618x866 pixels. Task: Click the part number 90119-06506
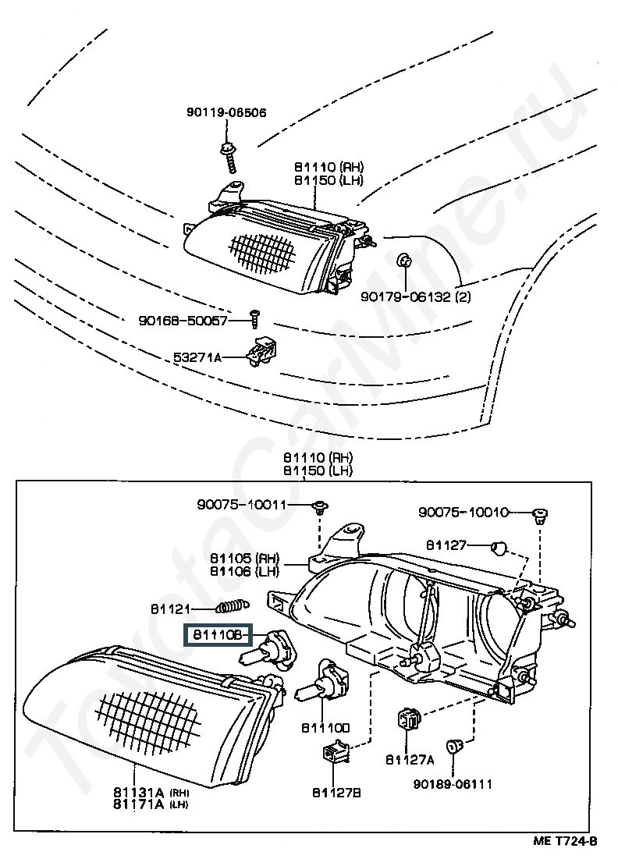tap(226, 112)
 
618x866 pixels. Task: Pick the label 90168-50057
tap(183, 320)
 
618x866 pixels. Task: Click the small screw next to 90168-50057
tap(254, 316)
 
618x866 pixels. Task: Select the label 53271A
tap(197, 357)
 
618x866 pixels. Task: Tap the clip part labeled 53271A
tap(264, 352)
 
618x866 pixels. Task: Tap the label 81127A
tap(410, 758)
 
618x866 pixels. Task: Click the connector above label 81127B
tap(335, 755)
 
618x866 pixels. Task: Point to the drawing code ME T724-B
tap(565, 840)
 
